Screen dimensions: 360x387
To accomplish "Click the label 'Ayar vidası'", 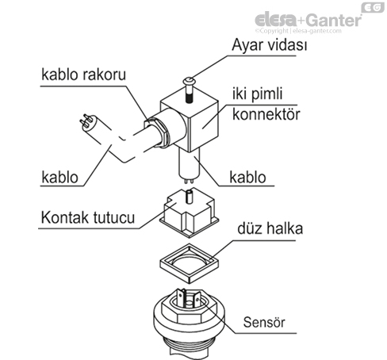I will [269, 46].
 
